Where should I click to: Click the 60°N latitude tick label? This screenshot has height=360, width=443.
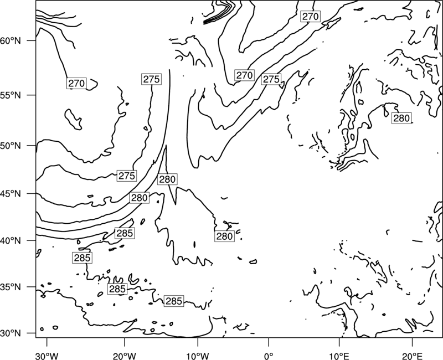point(11,40)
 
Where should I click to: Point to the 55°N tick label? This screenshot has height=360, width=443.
point(11,95)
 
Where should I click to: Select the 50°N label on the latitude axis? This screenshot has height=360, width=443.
point(11,146)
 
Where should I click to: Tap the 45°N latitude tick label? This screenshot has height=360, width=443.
point(11,193)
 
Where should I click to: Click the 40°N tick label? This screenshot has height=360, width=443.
point(11,241)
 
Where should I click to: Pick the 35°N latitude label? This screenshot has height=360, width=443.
point(11,287)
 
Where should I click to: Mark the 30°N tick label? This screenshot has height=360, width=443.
point(11,333)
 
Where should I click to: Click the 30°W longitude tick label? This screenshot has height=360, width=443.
point(47,356)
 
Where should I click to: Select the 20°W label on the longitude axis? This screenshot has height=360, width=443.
point(125,356)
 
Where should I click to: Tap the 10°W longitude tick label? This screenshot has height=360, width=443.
point(198,356)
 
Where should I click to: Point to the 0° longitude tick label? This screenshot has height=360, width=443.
point(268,356)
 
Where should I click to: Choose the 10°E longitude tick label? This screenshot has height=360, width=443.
point(339,356)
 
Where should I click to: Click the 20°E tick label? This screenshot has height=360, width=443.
point(412,356)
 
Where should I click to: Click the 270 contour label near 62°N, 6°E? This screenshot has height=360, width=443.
point(310,17)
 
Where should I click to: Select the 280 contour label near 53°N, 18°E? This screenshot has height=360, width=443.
point(401,118)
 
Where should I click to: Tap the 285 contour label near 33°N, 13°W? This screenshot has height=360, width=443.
point(174,301)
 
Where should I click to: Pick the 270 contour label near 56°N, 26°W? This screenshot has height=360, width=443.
point(76,84)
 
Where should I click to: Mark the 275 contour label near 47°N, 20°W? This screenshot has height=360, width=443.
point(127,176)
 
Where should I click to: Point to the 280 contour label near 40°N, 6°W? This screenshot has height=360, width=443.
point(225,236)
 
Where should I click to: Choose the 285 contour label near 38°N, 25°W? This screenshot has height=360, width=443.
point(82,258)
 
